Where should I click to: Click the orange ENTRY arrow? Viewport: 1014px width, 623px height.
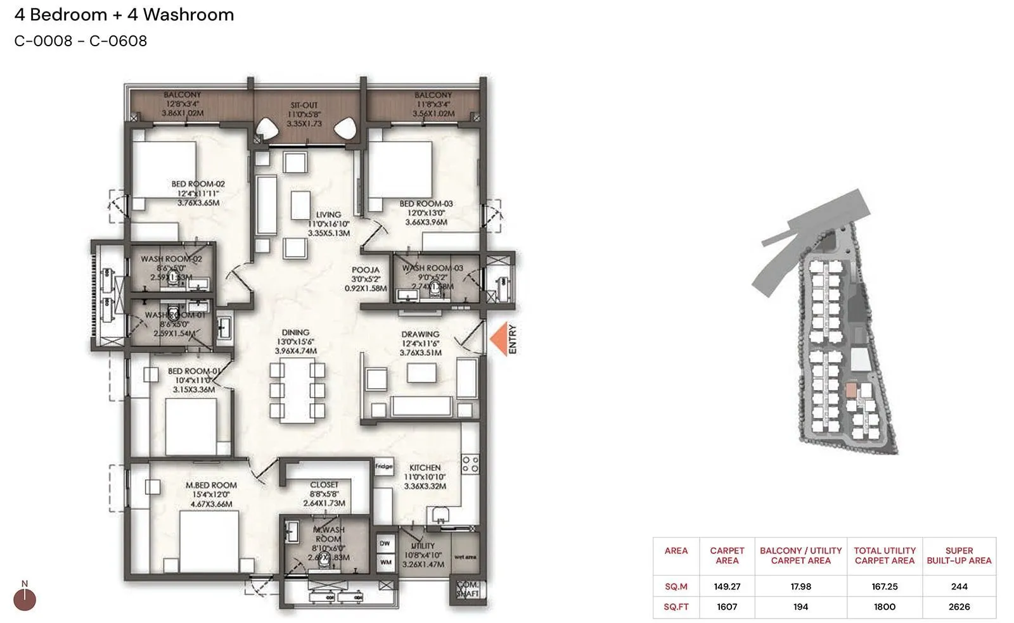click(x=499, y=339)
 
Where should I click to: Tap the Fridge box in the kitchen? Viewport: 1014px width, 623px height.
click(x=383, y=467)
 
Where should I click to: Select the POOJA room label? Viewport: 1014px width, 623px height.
click(x=366, y=270)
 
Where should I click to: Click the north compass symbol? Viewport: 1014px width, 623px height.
click(x=25, y=598)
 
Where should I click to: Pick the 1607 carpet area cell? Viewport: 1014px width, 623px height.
click(x=727, y=607)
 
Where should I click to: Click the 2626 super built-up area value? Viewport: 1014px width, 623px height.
click(x=959, y=607)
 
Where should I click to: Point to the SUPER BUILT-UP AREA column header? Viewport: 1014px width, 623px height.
click(x=959, y=555)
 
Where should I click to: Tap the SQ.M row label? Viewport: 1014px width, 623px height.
click(x=676, y=586)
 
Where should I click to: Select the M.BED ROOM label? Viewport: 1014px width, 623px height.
click(x=211, y=485)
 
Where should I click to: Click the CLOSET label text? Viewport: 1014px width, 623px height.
click(x=324, y=484)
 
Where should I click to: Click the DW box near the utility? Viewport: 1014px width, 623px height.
click(x=385, y=544)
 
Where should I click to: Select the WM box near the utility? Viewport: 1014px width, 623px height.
click(x=385, y=562)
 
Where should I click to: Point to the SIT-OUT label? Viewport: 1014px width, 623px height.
click(x=304, y=105)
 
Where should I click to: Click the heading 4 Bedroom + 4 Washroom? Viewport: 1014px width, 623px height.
click(x=124, y=15)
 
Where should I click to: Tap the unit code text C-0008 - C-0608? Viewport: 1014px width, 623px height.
click(x=80, y=41)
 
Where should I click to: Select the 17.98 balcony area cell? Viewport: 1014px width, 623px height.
click(x=800, y=586)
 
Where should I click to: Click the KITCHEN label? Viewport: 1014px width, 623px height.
click(x=425, y=467)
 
